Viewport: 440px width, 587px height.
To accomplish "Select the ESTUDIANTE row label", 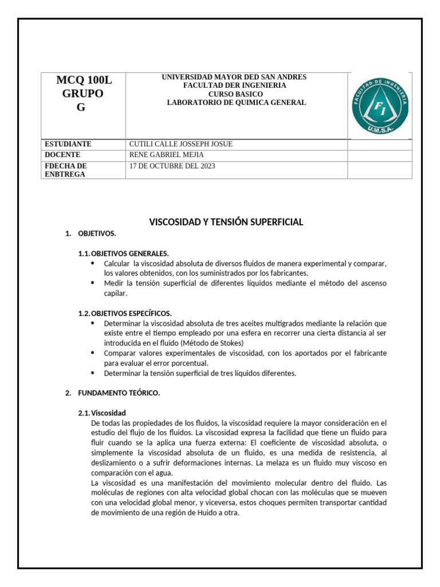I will coord(68,144).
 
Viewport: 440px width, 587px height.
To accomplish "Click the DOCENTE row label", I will coord(62,155).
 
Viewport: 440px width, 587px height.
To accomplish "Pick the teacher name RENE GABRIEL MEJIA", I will coord(167,155).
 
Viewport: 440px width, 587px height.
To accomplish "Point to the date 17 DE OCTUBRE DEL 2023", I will coord(173,166).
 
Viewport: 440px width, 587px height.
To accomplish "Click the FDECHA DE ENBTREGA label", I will coord(65,170).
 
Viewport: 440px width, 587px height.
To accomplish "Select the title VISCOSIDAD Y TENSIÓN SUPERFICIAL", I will coord(226,222).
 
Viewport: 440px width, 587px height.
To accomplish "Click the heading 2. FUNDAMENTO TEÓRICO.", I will coord(119,393).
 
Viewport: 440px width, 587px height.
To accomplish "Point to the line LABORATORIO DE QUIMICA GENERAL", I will coord(236,103).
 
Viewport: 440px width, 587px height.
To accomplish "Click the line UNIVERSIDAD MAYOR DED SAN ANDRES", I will coord(234,77).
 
